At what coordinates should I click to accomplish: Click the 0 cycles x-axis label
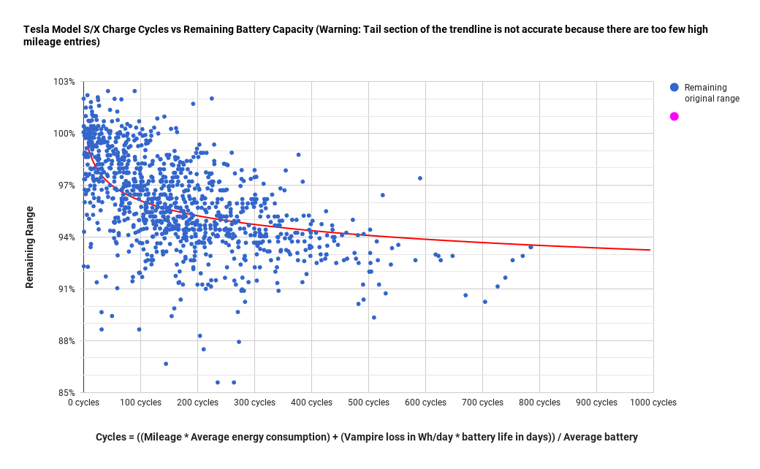(x=84, y=403)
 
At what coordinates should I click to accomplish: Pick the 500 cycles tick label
(x=369, y=403)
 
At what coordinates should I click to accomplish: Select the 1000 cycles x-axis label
(x=653, y=403)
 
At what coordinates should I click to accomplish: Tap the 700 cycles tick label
(x=483, y=403)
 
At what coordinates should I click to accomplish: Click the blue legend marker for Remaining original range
(x=674, y=88)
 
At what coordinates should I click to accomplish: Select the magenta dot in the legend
(x=674, y=116)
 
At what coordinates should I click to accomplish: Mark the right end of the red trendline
(x=650, y=250)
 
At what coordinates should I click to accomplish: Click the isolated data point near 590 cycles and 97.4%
(x=420, y=178)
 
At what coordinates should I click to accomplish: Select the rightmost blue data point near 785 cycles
(x=531, y=247)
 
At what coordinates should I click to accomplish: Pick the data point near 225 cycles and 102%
(x=212, y=98)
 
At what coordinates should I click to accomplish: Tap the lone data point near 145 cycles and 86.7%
(x=166, y=363)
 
